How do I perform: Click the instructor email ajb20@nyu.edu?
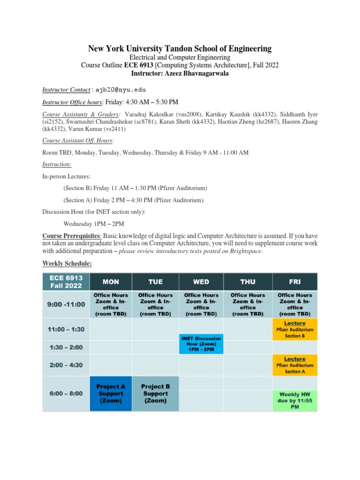tap(120, 90)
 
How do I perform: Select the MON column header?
tap(111, 282)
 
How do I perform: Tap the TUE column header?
tap(155, 282)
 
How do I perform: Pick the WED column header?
tap(201, 282)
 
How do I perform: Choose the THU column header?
tap(248, 282)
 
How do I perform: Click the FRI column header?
tap(294, 282)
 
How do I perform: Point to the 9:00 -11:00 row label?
tap(66, 304)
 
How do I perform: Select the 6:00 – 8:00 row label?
tap(66, 393)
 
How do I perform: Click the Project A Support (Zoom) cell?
tap(111, 394)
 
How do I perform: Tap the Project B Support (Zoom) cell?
tap(155, 394)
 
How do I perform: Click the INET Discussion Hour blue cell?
tap(201, 344)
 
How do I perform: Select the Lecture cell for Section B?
tap(294, 330)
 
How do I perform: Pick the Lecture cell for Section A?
tap(294, 365)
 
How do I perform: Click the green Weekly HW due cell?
tap(294, 400)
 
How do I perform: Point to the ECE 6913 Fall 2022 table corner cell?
tap(66, 282)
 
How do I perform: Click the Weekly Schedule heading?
tap(67, 264)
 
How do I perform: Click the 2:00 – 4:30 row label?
tap(66, 364)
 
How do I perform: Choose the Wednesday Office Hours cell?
tap(201, 304)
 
